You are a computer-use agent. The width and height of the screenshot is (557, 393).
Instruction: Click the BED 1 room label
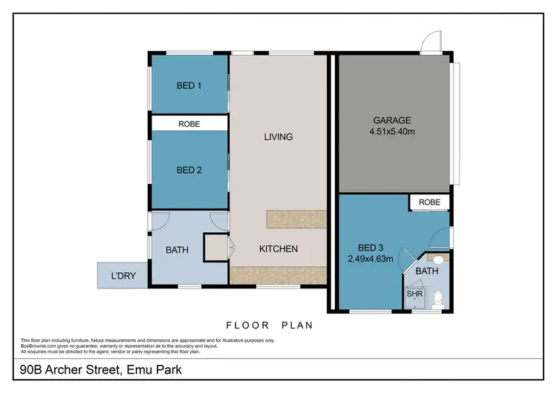(189, 86)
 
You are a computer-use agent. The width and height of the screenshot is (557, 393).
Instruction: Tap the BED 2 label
(189, 170)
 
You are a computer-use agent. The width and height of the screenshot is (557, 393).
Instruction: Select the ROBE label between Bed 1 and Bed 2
(189, 124)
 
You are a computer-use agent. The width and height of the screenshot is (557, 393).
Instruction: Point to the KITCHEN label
(278, 249)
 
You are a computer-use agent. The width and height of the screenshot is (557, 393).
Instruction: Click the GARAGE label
(391, 120)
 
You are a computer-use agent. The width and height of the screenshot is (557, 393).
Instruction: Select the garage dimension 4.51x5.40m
(391, 132)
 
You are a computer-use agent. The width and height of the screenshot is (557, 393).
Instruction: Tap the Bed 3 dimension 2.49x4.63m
(369, 260)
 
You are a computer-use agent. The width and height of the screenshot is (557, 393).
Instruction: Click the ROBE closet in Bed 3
(429, 202)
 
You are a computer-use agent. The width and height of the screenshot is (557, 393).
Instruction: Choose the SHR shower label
(414, 294)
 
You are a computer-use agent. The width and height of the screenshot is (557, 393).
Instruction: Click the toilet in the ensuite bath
(437, 298)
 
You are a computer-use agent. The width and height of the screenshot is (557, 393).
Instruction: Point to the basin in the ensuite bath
(437, 260)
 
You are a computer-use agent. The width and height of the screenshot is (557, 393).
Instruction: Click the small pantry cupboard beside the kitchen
(215, 247)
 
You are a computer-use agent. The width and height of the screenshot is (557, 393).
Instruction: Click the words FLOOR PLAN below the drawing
(269, 325)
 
